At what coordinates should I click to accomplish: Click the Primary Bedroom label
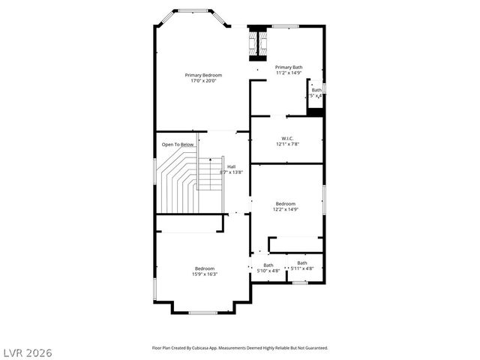(x=204, y=75)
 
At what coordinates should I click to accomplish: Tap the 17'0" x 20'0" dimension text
(x=204, y=81)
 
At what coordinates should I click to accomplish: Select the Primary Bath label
(x=289, y=67)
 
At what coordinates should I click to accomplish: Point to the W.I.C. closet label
(x=287, y=138)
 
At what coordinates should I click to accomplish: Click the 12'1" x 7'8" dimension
(x=287, y=144)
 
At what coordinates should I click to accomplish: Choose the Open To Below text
(x=178, y=144)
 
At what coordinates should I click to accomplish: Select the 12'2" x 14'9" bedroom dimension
(x=285, y=209)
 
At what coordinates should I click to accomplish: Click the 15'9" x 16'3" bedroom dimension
(x=205, y=274)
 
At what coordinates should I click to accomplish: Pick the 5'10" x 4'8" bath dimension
(x=268, y=270)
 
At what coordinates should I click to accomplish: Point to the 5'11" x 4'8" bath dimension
(x=301, y=268)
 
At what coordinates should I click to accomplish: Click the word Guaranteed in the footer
(x=313, y=348)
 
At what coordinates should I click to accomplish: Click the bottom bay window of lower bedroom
(x=202, y=312)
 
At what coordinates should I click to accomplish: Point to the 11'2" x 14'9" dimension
(x=289, y=73)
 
